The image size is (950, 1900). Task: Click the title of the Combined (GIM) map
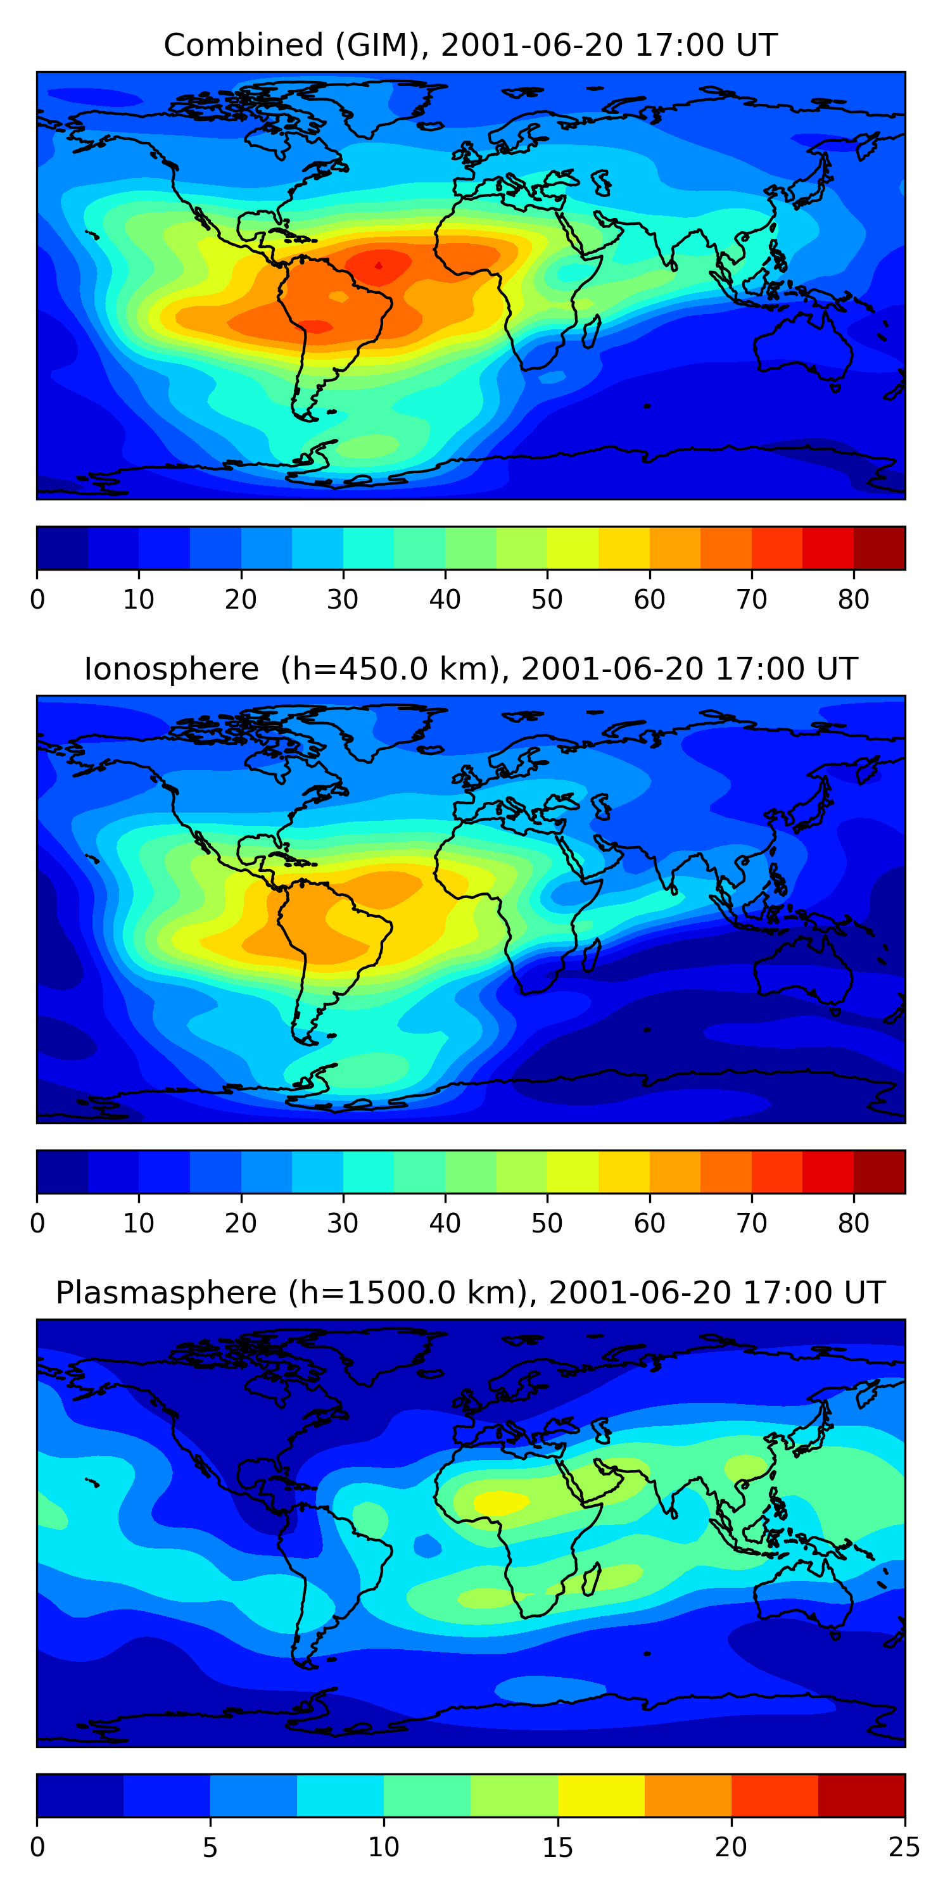pos(471,45)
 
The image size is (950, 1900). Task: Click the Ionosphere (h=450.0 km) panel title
pos(471,669)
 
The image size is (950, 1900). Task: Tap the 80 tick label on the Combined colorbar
pos(853,600)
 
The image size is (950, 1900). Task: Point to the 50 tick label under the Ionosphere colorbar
pos(547,1224)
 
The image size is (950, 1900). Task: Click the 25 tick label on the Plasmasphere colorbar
pos(904,1847)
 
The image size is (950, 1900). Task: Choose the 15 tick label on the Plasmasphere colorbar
pos(557,1847)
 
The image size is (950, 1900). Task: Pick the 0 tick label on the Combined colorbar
pos(37,600)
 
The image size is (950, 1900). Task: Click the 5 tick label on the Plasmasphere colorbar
pos(210,1847)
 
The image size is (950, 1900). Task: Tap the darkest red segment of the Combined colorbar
pos(879,548)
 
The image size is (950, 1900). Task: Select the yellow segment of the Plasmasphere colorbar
pos(601,1795)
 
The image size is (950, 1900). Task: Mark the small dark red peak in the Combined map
pos(378,265)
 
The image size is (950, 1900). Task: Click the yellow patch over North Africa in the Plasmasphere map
pos(500,1501)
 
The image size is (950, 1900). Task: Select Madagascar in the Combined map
pos(590,332)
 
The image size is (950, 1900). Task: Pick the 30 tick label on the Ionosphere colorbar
pos(343,1224)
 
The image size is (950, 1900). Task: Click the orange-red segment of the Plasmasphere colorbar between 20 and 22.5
pos(775,1795)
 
